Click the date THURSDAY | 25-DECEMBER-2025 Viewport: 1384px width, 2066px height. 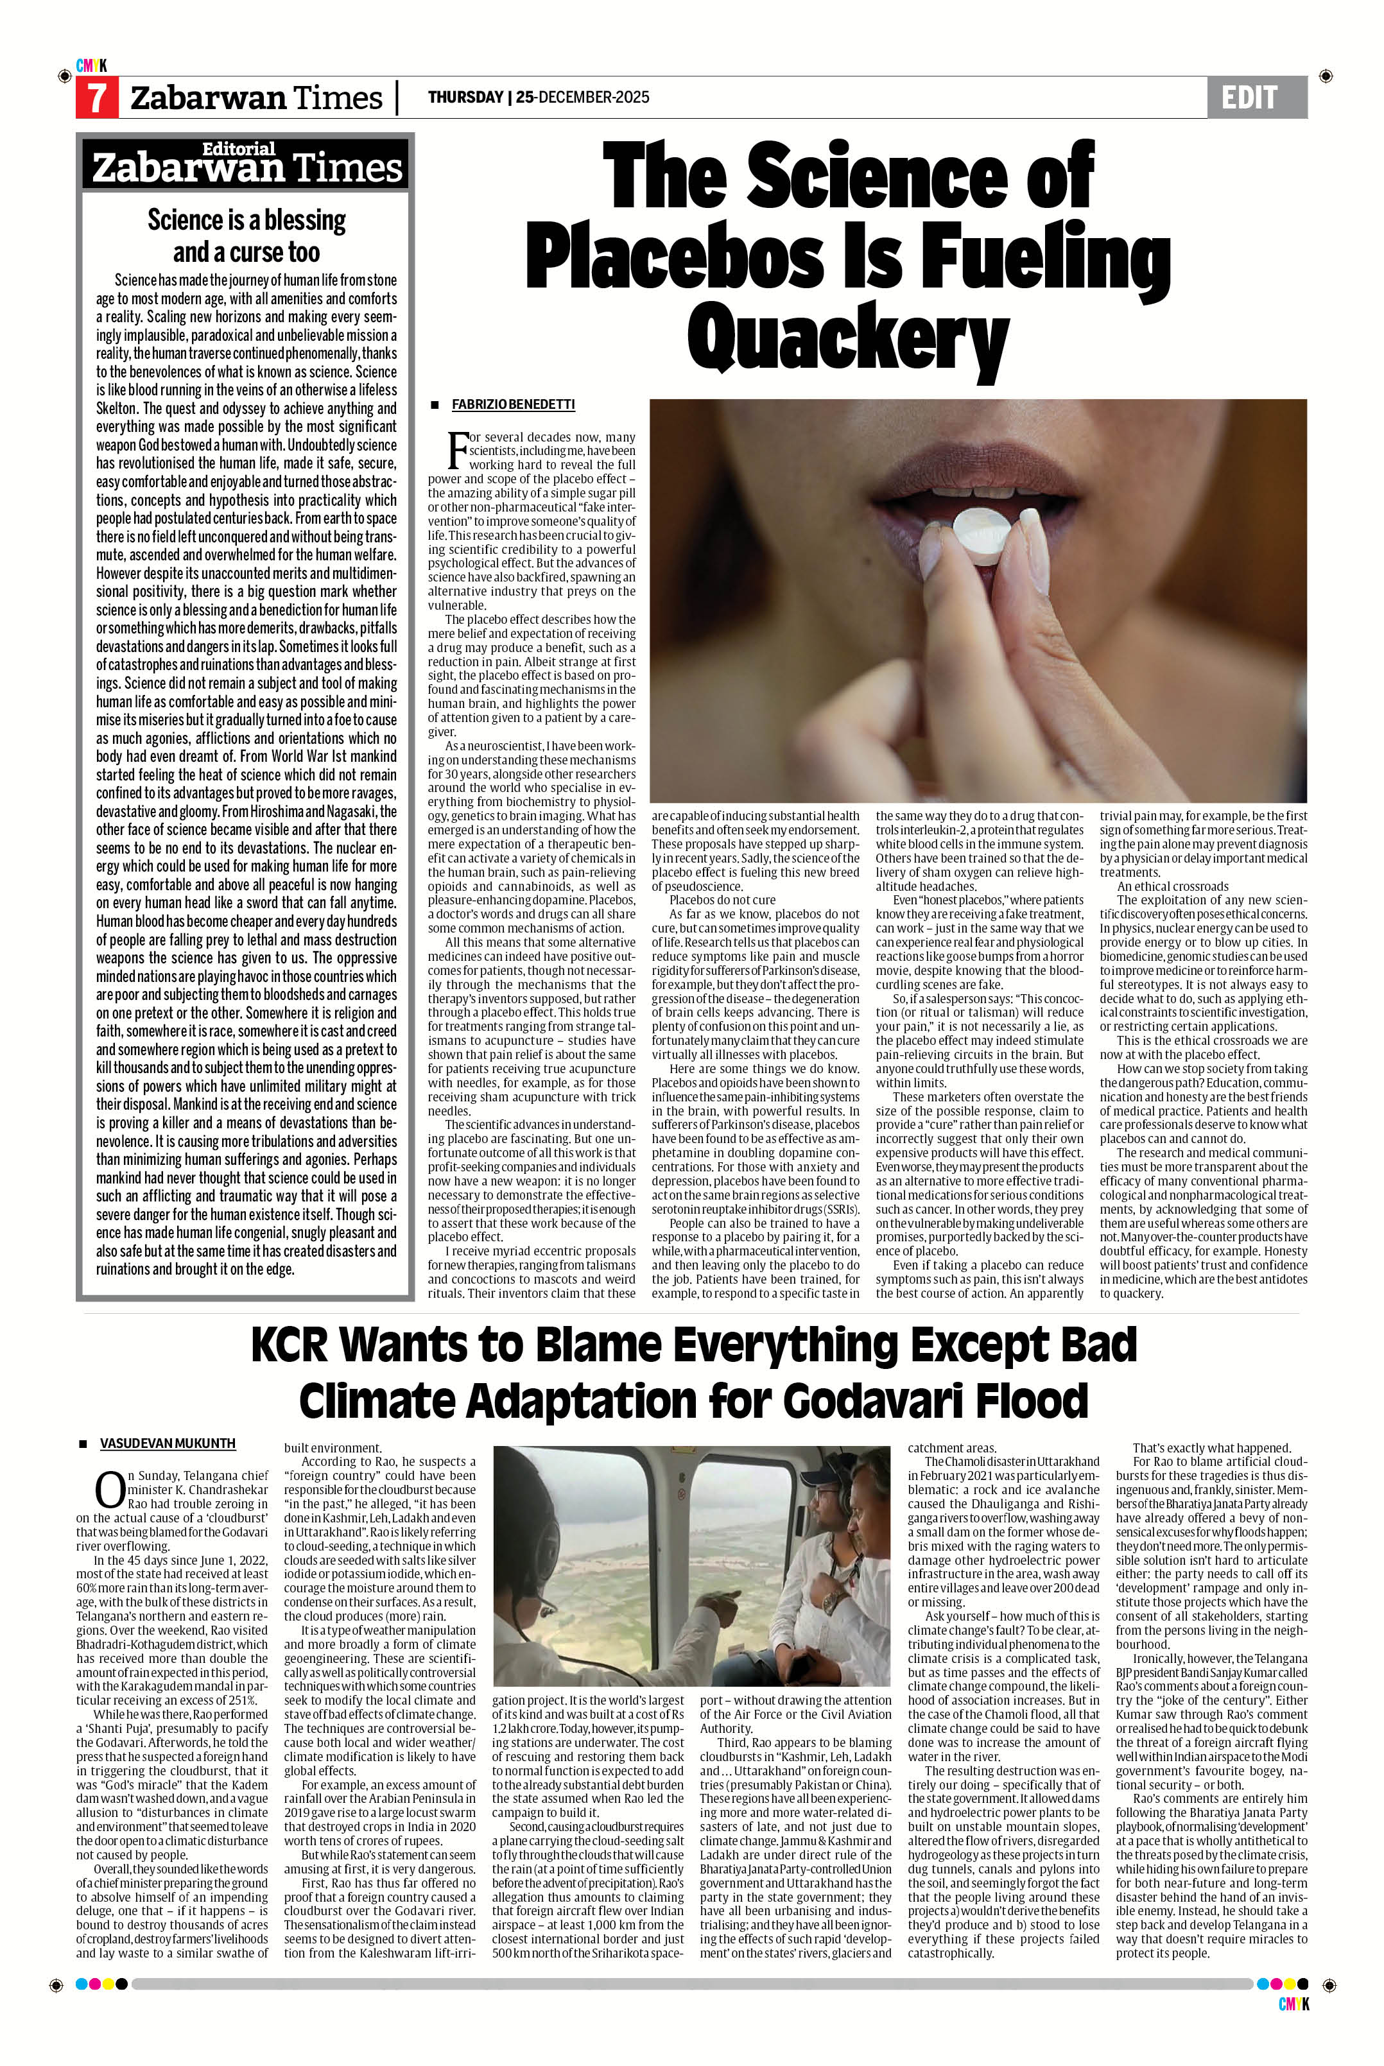[539, 97]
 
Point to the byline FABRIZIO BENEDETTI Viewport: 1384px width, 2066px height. [513, 404]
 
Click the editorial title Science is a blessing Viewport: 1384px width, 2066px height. [247, 219]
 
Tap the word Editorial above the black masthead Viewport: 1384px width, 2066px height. [238, 148]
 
